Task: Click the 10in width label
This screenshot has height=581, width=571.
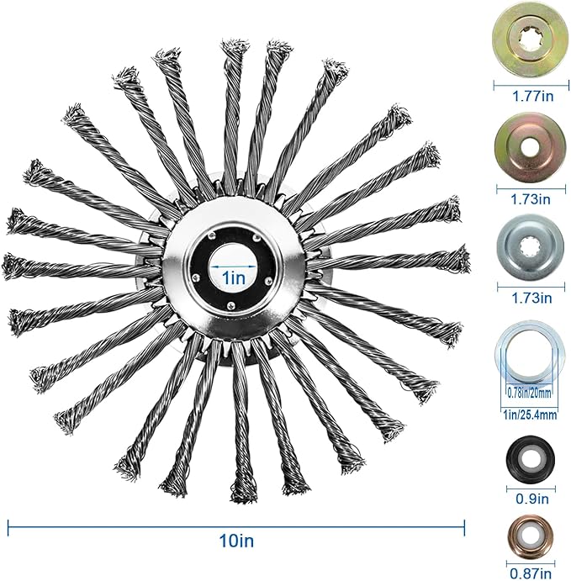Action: pyautogui.click(x=237, y=541)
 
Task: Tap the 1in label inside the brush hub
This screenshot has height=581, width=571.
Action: pyautogui.click(x=234, y=277)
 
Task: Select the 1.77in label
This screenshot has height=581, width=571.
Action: pyautogui.click(x=532, y=97)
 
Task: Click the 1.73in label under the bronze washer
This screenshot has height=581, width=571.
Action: pyautogui.click(x=531, y=199)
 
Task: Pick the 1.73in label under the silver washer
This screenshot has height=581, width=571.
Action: pyautogui.click(x=531, y=298)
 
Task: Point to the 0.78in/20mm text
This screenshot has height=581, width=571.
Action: pyautogui.click(x=528, y=392)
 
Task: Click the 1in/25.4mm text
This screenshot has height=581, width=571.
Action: pyautogui.click(x=530, y=415)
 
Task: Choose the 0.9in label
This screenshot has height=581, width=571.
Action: pyautogui.click(x=532, y=499)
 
